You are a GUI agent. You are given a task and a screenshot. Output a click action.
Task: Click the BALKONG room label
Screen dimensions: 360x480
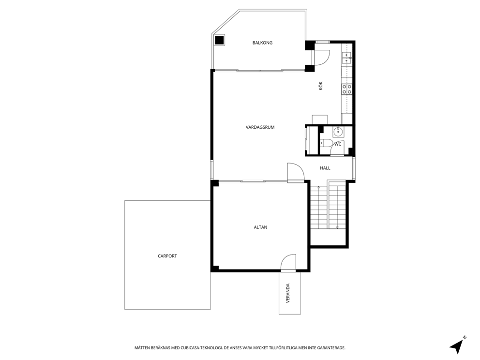pos(262,43)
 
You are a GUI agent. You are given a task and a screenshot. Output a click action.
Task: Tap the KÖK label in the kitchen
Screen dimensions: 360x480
pos(320,87)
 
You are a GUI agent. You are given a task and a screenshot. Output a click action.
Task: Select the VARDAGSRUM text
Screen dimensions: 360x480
pos(260,127)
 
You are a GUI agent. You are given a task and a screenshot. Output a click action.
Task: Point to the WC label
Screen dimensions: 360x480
pos(338,144)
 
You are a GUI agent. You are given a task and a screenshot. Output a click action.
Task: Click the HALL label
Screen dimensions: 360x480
pos(325,168)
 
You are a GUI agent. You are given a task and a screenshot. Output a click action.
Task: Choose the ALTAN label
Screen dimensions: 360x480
pos(260,227)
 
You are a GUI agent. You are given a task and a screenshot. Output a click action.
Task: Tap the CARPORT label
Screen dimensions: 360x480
pos(167,256)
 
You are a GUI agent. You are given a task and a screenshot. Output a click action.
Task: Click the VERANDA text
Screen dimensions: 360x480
pos(288,293)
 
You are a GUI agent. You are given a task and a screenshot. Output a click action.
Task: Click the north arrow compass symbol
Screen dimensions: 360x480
pos(457,345)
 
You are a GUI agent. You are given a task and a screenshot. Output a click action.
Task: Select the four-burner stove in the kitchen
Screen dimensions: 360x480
pos(347,89)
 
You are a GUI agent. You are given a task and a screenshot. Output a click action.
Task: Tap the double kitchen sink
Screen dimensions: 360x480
pos(346,59)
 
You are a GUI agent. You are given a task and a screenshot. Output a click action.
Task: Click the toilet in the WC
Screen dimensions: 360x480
pos(326,143)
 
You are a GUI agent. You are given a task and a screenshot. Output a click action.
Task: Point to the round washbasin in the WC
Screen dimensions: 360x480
pos(338,132)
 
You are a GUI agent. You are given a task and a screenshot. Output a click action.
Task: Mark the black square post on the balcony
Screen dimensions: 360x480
pos(220,40)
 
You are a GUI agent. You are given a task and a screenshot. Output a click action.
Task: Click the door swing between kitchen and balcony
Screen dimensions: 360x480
pos(322,57)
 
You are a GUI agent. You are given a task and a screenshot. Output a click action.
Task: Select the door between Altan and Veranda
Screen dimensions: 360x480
pos(288,263)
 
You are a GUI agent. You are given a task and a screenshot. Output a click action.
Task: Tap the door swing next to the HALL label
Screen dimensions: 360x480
pos(295,172)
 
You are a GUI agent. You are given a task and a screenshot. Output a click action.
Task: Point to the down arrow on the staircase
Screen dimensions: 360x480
pos(337,226)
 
